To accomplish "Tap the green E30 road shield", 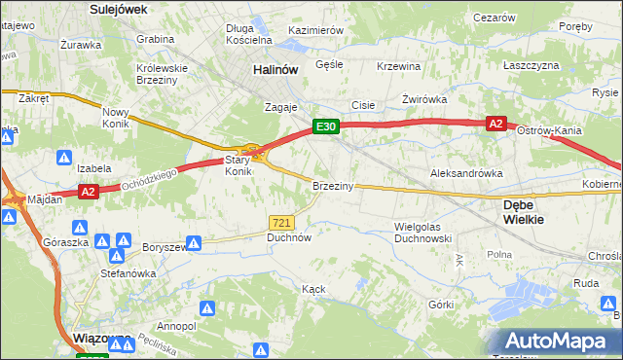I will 325,126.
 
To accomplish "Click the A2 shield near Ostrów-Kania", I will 496,124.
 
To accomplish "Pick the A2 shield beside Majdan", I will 88,192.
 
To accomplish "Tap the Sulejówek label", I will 117,9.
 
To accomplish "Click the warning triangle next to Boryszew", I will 194,242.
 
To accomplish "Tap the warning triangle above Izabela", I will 64,156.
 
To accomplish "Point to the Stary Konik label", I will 238,165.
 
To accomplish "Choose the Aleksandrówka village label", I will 466,172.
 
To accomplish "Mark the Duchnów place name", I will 289,237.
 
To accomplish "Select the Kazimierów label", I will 316,30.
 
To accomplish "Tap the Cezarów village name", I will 494,18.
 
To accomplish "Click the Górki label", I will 441,305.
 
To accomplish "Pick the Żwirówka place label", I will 423,100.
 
